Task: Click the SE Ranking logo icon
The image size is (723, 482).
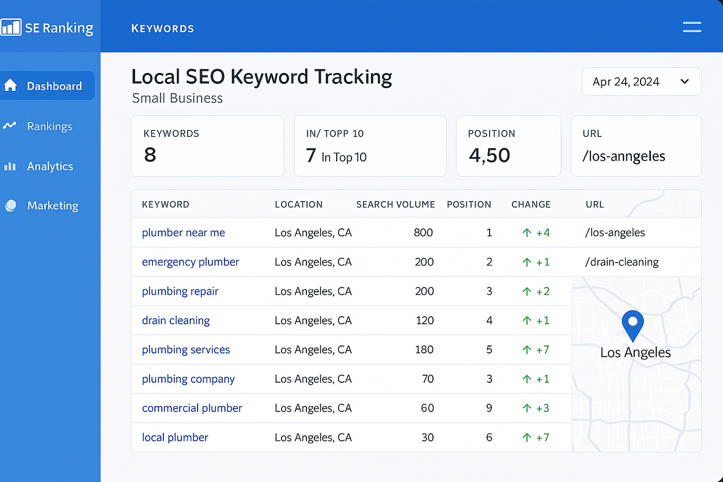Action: coord(11,27)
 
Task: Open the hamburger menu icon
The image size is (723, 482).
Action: coord(692,27)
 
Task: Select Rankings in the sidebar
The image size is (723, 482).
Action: coord(49,126)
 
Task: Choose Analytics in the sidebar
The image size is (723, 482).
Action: coord(50,166)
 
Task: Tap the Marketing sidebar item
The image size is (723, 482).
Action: coord(53,206)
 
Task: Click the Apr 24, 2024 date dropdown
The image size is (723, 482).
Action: coord(641,81)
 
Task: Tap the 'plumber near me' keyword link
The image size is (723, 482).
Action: coord(183,232)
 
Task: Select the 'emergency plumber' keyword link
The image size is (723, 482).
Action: coord(190,262)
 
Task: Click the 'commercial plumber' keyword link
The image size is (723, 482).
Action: coord(192,408)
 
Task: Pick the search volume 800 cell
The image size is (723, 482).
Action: coord(423,232)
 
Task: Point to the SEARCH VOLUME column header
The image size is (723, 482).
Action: coord(395,205)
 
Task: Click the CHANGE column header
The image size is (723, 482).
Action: coord(531,205)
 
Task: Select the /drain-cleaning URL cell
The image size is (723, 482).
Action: coord(622,262)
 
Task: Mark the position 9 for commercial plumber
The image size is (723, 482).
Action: coord(489,408)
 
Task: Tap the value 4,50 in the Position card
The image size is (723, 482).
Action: coord(489,155)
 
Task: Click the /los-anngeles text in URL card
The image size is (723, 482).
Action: coord(624,156)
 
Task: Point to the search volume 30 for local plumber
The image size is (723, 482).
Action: coord(428,437)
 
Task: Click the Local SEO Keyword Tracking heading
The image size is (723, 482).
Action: coord(262,77)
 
